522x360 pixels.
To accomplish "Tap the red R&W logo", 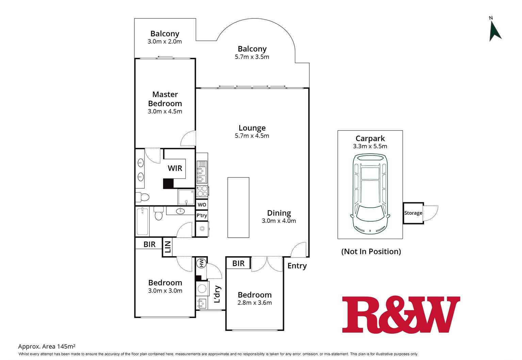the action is [x=401, y=314].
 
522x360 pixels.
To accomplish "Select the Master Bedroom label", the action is [x=165, y=99].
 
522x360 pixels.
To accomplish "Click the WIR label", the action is [x=175, y=168].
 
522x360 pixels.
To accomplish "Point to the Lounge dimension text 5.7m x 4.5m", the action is [x=252, y=136].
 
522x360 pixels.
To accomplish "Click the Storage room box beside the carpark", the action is [x=413, y=213].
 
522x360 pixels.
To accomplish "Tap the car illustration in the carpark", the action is [x=370, y=194].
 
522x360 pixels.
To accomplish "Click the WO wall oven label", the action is [x=202, y=205].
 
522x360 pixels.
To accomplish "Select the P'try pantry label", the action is [x=201, y=215].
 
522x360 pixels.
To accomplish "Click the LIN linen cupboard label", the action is [x=168, y=247].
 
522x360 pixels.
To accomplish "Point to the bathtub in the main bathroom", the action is [x=142, y=221].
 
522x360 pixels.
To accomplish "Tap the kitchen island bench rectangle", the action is [x=239, y=207].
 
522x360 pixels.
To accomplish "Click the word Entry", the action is [x=297, y=266].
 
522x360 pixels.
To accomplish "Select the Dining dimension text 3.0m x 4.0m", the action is [x=279, y=221].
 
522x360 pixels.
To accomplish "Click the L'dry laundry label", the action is [x=217, y=294].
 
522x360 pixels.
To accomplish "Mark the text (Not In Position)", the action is [x=371, y=251].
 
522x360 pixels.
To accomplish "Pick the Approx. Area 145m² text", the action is [x=47, y=346].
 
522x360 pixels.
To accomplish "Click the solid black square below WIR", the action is [x=168, y=184].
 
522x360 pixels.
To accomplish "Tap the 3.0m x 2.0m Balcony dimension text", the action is [x=164, y=42].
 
